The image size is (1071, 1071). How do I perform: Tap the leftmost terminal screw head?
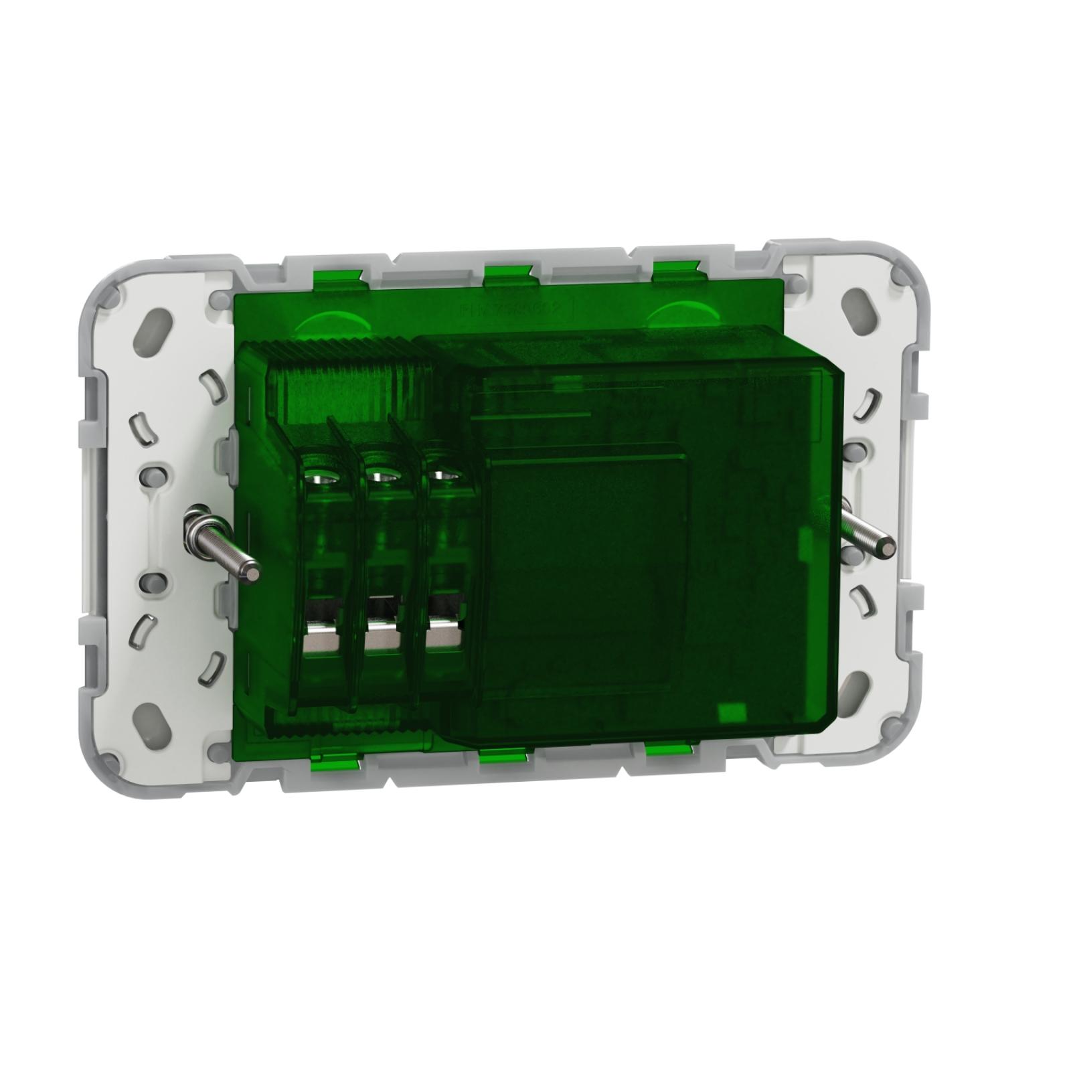317,477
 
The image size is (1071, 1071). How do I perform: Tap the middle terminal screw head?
378,477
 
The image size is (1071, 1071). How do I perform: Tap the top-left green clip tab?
337,273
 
